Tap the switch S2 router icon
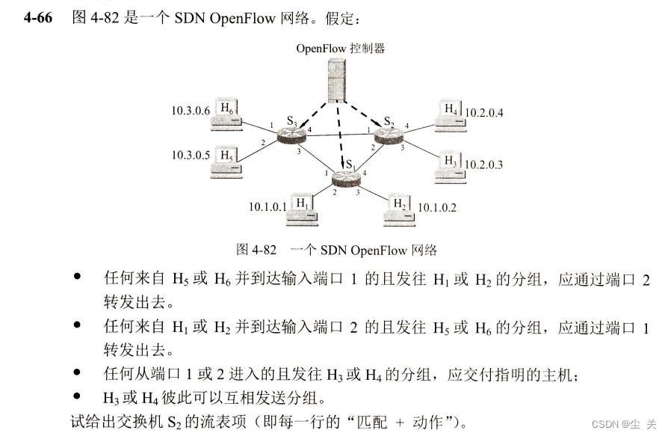386,135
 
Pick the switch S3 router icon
288,134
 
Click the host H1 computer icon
303,207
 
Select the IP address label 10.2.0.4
484,113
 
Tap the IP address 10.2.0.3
484,163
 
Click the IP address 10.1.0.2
437,206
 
